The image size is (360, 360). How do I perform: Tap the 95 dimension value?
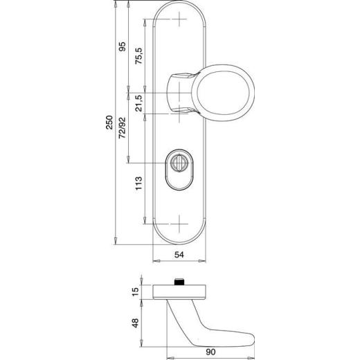point(122,48)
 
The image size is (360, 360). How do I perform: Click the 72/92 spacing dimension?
point(122,129)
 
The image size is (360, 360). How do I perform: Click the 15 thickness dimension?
point(136,291)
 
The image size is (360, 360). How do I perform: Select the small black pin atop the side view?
point(180,282)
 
